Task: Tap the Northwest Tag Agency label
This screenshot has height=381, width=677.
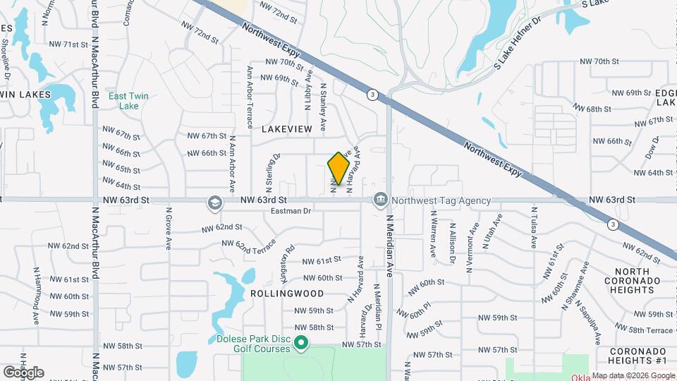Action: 441,200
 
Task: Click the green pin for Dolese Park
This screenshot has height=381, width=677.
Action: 301,344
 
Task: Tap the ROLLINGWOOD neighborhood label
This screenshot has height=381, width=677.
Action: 287,294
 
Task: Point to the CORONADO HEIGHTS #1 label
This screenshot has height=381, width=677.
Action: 638,356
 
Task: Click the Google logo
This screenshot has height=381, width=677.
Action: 23,372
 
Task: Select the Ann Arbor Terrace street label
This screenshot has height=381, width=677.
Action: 250,97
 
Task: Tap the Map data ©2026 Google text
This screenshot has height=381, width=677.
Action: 633,375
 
